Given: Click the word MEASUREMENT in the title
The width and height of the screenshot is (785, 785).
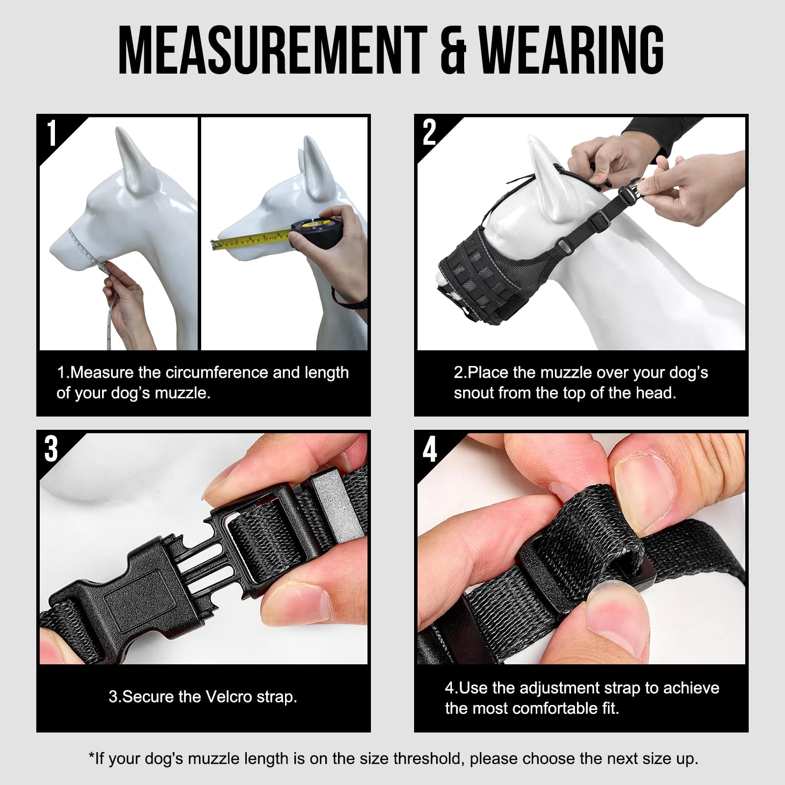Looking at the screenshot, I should tap(272, 51).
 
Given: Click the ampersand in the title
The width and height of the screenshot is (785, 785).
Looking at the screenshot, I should tap(452, 52).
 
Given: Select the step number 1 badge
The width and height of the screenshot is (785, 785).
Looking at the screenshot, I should tap(52, 133).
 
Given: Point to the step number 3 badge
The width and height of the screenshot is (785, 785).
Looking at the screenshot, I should tap(51, 449).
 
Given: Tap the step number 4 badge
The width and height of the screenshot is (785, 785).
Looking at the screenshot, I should tap(430, 449).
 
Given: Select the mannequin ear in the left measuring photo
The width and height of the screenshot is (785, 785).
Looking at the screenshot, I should tap(130, 157).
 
